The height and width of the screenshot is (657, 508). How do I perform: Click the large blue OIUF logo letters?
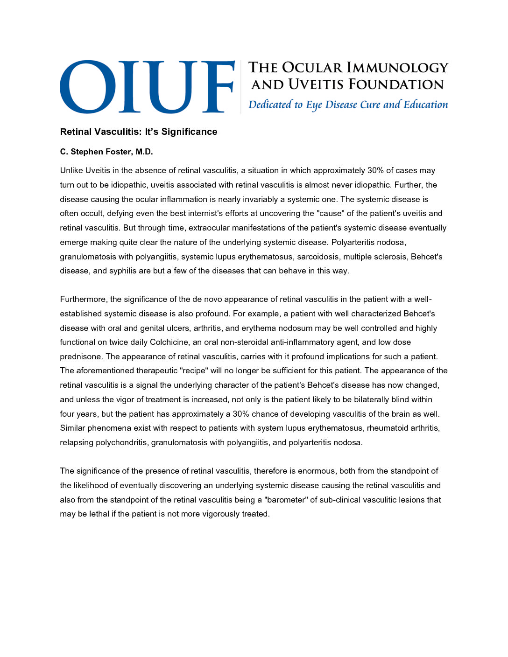tap(147, 86)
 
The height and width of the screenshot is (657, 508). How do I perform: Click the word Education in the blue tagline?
tap(425, 105)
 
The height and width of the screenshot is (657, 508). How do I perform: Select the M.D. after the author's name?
tap(144, 152)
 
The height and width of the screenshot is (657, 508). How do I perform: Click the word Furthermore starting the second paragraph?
tap(84, 300)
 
